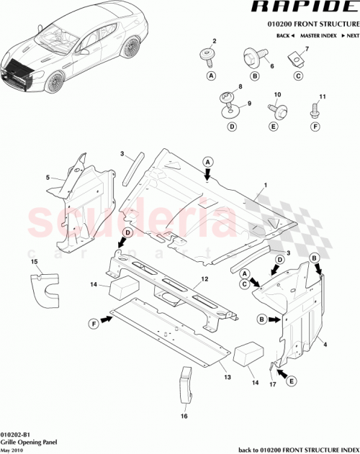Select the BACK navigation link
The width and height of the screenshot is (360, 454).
pos(286,35)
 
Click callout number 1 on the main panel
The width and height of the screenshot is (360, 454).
pos(265,186)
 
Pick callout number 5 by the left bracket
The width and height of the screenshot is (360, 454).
pos(48,177)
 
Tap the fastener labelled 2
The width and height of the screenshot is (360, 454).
pos(211,53)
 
